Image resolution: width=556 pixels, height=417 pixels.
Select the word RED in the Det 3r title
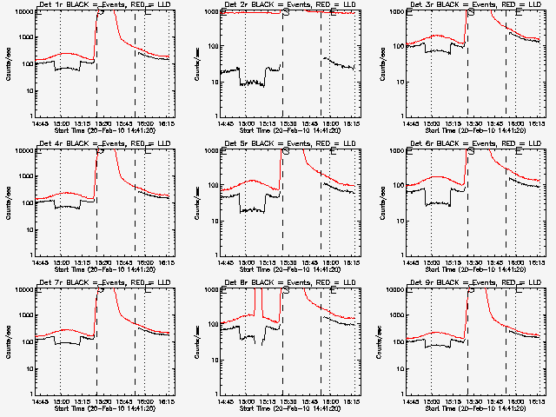pyautogui.click(x=506, y=5)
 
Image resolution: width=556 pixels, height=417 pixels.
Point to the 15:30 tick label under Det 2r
pyautogui.click(x=283, y=122)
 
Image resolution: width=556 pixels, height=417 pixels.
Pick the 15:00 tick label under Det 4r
pyautogui.click(x=60, y=261)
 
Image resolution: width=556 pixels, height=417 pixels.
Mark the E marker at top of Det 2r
pyautogui.click(x=333, y=11)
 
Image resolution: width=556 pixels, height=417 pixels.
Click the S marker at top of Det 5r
pyautogui.click(x=285, y=150)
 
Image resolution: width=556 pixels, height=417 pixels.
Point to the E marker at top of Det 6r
pyautogui.click(x=518, y=150)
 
